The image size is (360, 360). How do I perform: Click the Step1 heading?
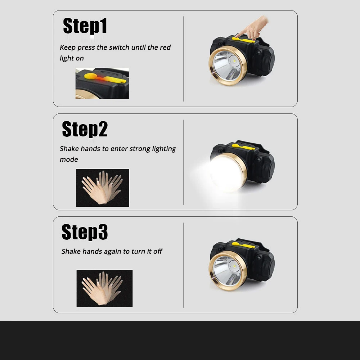click(85, 26)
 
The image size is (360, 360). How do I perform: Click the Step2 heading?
click(85, 129)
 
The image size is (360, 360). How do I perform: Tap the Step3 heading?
click(85, 232)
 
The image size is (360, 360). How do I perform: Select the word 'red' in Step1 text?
click(165, 47)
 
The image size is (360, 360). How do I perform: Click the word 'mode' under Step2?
click(69, 159)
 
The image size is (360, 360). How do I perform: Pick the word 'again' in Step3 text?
click(112, 252)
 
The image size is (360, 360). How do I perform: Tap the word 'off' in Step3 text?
click(158, 251)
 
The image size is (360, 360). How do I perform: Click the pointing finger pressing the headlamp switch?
click(253, 29)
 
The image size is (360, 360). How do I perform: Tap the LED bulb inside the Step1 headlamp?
click(234, 61)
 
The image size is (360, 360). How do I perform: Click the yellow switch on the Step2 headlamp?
click(243, 147)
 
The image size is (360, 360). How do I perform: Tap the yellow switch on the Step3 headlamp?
click(243, 245)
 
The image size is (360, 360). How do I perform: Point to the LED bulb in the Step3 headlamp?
click(234, 266)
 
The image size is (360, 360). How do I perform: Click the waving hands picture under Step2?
click(102, 188)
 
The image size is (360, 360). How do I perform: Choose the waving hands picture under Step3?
click(104, 288)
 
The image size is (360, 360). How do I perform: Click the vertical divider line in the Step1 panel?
click(184, 59)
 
